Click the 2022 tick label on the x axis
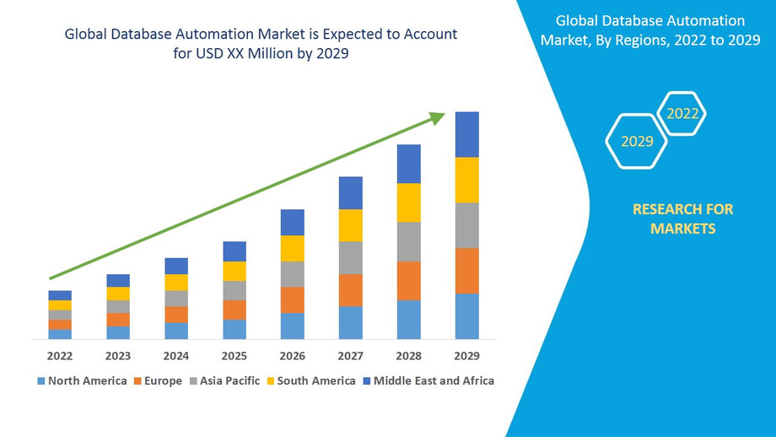click(60, 355)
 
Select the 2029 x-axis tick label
click(466, 355)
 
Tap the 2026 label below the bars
click(292, 355)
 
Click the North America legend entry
click(82, 380)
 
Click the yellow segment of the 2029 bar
click(466, 180)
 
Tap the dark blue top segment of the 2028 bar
click(408, 164)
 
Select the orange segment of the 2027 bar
click(350, 290)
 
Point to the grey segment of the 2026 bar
click(292, 274)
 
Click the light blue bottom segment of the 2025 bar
click(234, 330)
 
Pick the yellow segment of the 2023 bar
click(118, 294)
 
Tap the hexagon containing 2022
click(682, 113)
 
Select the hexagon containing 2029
click(637, 141)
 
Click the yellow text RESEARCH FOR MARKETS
click(682, 218)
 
